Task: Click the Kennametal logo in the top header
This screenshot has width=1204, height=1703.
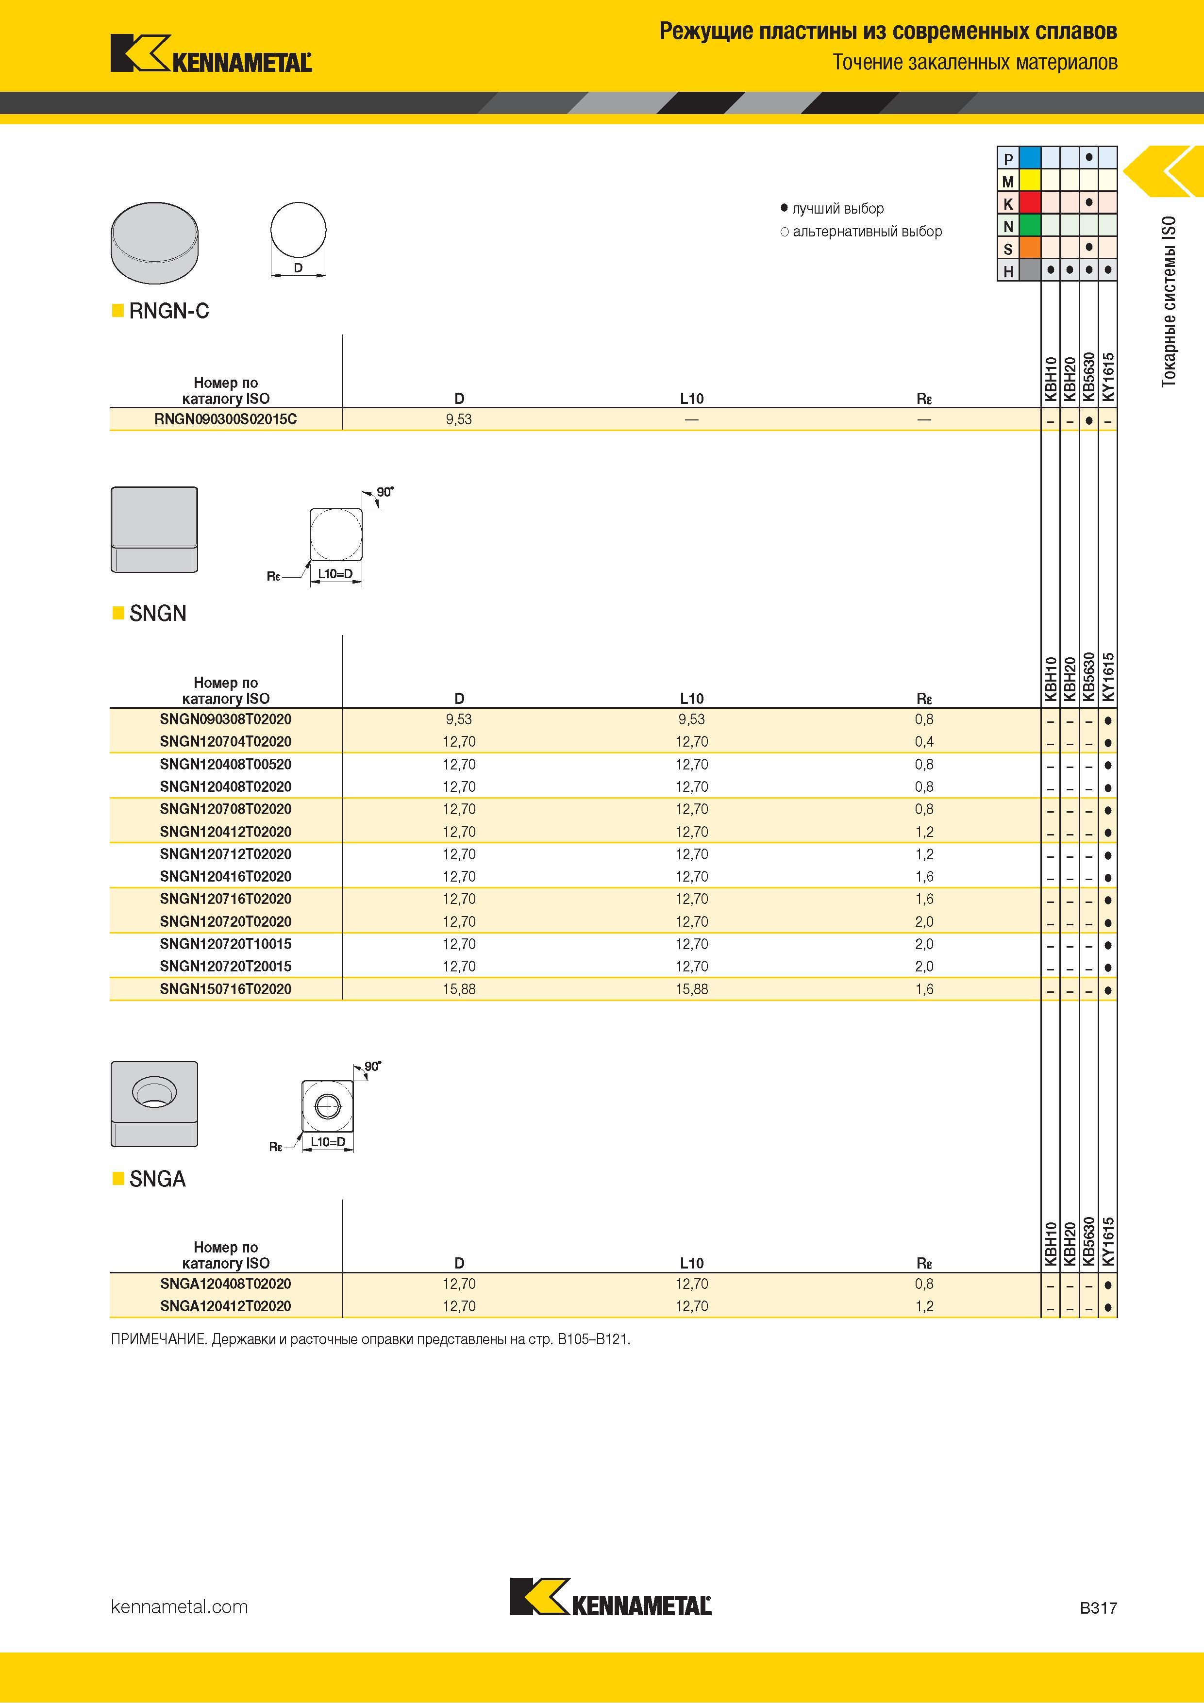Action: pos(211,53)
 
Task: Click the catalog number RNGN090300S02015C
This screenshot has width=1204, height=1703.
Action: pos(226,419)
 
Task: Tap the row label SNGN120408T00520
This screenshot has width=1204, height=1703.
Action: pos(226,764)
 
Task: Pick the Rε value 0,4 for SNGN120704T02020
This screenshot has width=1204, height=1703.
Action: pos(924,742)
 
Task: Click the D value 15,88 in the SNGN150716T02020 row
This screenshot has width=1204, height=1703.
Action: pos(459,989)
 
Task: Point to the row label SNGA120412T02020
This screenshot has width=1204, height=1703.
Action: pos(226,1306)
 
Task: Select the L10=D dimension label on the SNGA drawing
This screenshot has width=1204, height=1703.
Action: pos(328,1141)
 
